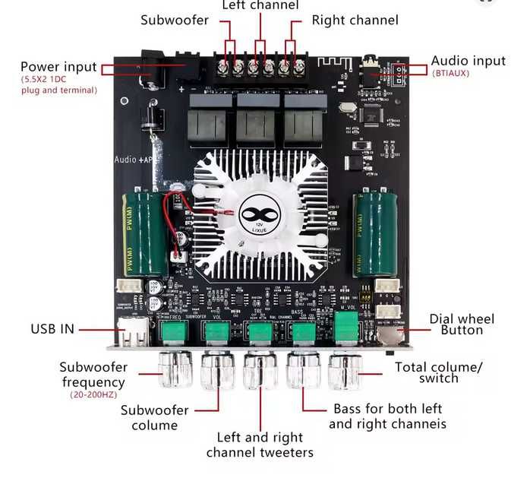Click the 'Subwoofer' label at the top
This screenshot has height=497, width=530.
pyautogui.click(x=174, y=20)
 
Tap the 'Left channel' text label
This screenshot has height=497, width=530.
pyautogui.click(x=260, y=6)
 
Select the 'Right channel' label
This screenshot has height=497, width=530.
pyautogui.click(x=355, y=20)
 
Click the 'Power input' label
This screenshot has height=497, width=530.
pyautogui.click(x=58, y=67)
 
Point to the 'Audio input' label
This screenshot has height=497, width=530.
pyautogui.click(x=468, y=61)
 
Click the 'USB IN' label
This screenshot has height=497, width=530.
pyautogui.click(x=52, y=330)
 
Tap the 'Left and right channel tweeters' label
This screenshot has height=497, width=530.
pyautogui.click(x=260, y=445)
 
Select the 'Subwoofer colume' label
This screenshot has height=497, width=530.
pyautogui.click(x=154, y=418)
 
